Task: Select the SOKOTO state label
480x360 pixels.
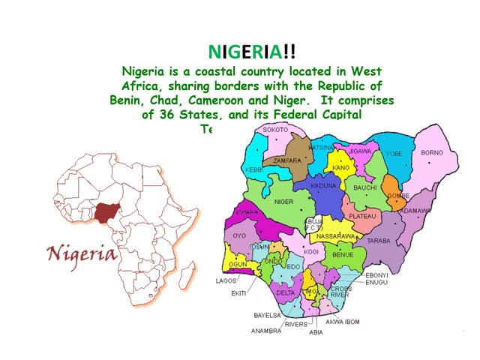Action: click(275, 130)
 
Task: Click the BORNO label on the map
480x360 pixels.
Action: click(432, 153)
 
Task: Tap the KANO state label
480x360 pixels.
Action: click(341, 167)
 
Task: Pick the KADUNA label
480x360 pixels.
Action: click(324, 184)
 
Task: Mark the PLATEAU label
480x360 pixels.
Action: click(362, 216)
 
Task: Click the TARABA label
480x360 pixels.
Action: click(378, 241)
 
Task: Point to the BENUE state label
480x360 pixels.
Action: click(343, 255)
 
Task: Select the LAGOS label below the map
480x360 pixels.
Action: click(226, 280)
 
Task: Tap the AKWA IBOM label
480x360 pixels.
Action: click(342, 322)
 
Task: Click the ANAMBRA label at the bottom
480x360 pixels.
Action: click(265, 331)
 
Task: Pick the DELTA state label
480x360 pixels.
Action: click(286, 292)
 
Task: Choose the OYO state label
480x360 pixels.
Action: click(239, 235)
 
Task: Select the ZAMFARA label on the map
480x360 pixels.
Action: click(287, 160)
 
